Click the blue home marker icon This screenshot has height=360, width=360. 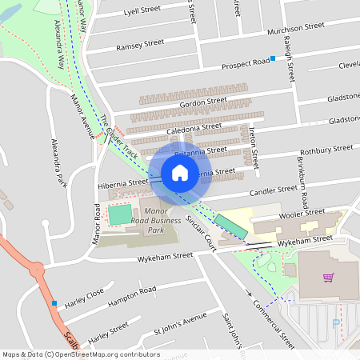tap(180, 173)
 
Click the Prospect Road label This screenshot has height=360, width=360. tap(246, 62)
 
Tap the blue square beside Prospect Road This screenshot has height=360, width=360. tap(273, 58)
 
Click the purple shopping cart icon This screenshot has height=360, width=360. tap(328, 278)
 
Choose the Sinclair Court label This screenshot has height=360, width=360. tap(201, 231)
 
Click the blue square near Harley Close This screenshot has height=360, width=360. tap(54, 303)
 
